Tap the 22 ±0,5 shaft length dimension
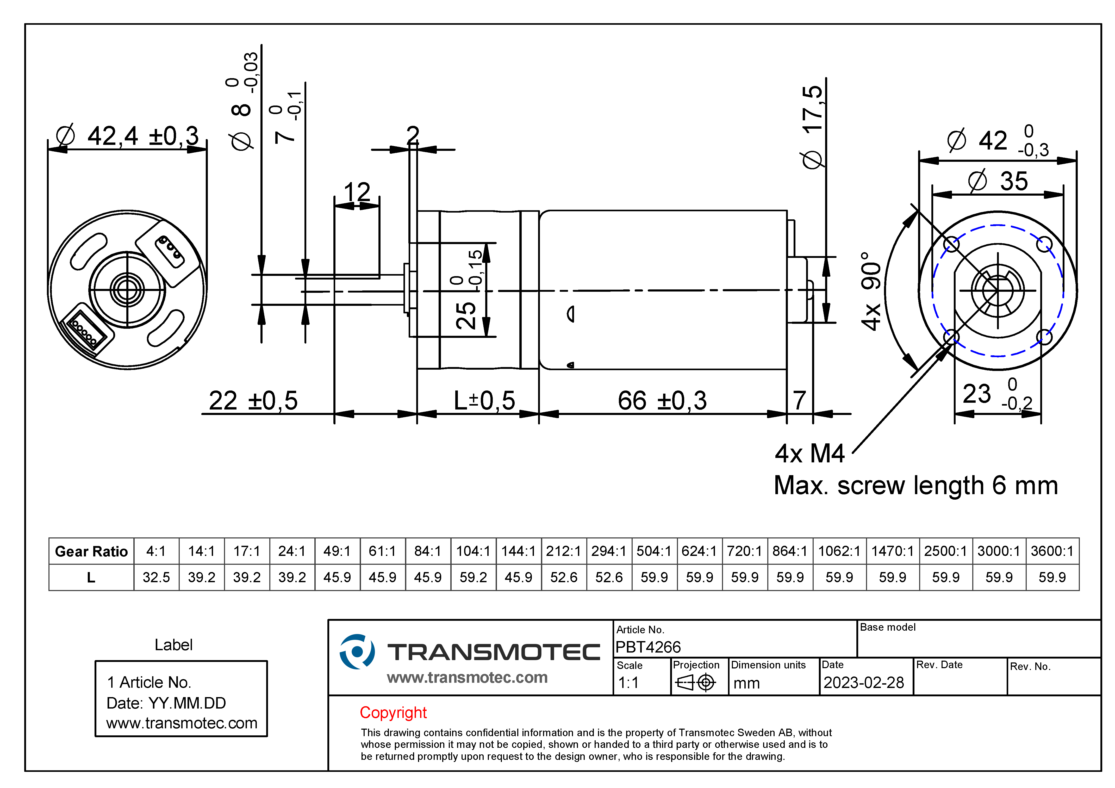tap(253, 401)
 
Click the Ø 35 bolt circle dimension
tap(998, 181)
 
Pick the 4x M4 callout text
tap(809, 454)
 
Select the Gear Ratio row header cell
tap(91, 551)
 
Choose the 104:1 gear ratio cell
tap(473, 551)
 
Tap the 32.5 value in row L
tap(156, 577)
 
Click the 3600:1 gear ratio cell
tap(1052, 551)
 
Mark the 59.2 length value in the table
tap(473, 577)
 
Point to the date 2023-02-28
tap(863, 682)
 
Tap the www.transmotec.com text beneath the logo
tap(467, 677)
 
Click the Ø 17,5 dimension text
tap(812, 126)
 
